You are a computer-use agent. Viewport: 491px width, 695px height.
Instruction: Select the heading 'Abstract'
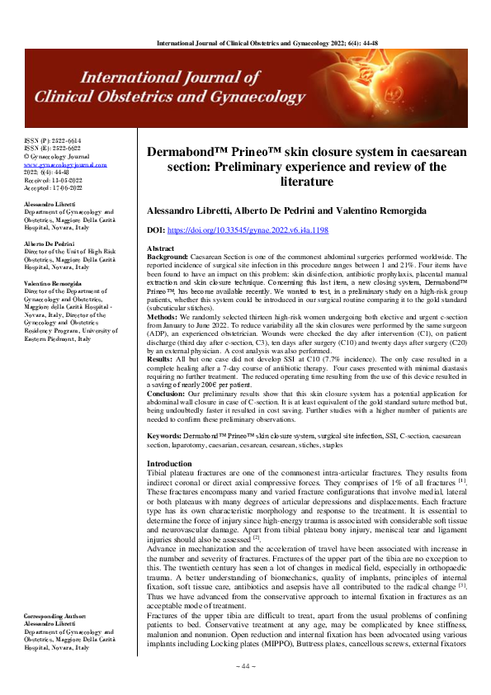[x=160, y=248]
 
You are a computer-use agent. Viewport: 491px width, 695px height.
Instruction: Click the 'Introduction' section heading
[x=168, y=463]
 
